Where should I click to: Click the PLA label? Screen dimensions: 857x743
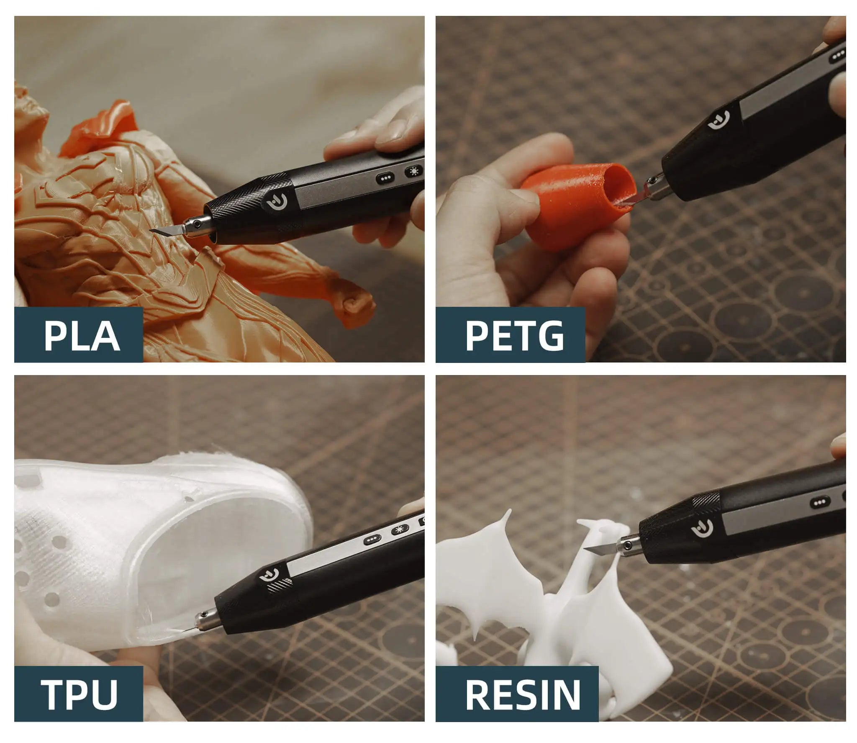click(82, 335)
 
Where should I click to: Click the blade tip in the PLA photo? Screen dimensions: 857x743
click(151, 231)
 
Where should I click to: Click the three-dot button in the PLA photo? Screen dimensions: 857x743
click(384, 178)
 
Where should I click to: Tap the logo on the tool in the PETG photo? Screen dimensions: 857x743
click(718, 120)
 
